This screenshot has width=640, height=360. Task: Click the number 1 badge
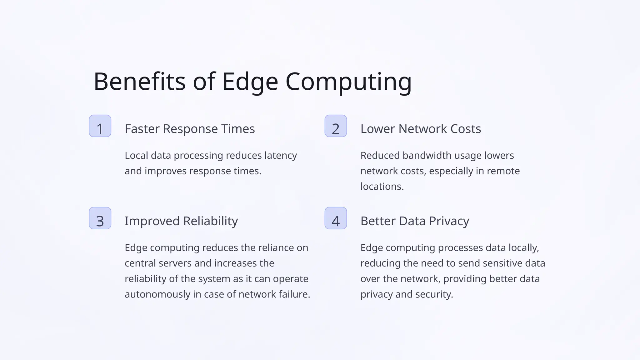pos(100,126)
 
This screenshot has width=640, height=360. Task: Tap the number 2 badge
pos(336,126)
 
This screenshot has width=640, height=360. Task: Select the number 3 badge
pos(100,218)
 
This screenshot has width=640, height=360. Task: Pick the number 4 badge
pos(336,218)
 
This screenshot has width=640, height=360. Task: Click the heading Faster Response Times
pos(190,129)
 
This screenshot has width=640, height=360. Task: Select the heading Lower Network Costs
pos(421,129)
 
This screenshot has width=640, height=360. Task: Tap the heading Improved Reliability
pos(181,221)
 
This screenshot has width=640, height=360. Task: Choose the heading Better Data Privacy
pos(415,221)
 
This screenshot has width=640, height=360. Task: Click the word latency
pos(281,155)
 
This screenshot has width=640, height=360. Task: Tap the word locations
pos(382,186)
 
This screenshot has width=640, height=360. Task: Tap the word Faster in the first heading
pos(142,129)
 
